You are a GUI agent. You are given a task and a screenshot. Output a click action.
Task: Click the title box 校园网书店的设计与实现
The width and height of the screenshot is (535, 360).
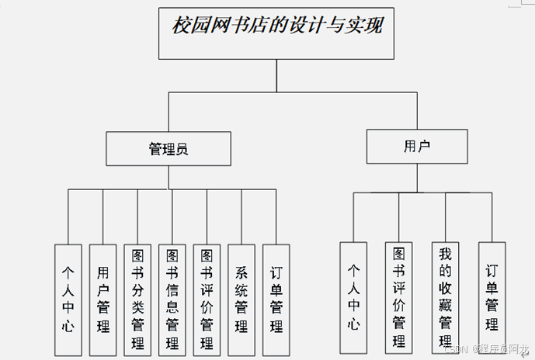(277, 33)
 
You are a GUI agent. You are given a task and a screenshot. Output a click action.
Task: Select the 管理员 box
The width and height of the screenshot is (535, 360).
(168, 148)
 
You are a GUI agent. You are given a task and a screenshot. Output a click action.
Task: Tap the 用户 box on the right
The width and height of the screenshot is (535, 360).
(417, 146)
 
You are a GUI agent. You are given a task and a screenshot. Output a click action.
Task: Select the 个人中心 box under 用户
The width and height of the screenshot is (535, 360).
(353, 298)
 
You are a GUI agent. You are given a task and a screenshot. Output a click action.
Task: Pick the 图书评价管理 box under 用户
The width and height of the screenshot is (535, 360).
(399, 298)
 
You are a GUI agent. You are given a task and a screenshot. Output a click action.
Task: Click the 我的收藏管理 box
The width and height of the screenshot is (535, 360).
(446, 298)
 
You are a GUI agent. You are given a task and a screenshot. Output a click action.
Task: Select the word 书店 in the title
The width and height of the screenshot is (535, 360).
(246, 26)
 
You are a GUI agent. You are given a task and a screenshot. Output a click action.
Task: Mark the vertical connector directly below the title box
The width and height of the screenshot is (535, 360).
(277, 75)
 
